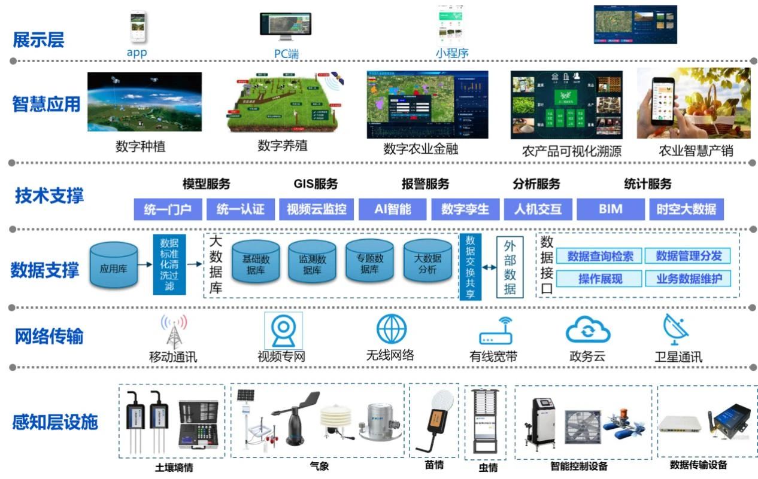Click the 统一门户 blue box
(168, 209)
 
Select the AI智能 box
(393, 209)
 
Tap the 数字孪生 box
(465, 209)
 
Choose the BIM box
(610, 209)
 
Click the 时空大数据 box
(686, 209)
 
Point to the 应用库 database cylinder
(113, 267)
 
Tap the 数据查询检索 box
(599, 256)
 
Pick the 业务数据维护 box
(689, 279)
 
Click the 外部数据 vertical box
(510, 267)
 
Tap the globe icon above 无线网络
(392, 329)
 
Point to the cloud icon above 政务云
(588, 331)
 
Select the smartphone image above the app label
(138, 27)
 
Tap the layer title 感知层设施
(55, 422)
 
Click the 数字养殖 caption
(283, 145)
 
